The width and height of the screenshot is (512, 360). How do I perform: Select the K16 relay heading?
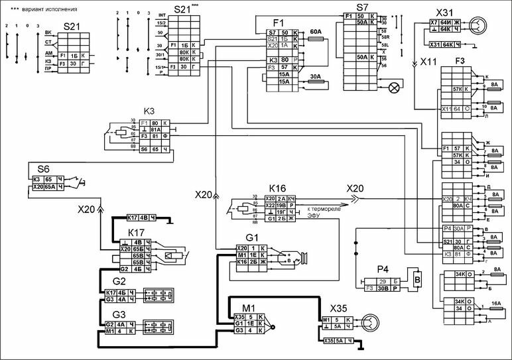pos(277,188)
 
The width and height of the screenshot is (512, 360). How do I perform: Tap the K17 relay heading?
pos(135,232)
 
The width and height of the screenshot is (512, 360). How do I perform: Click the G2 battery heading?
pos(119,281)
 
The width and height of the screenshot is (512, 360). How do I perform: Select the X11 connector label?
pos(429,63)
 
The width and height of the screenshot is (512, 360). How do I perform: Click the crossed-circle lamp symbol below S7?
pos(394,86)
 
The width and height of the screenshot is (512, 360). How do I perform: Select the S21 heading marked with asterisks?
pos(182,10)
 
